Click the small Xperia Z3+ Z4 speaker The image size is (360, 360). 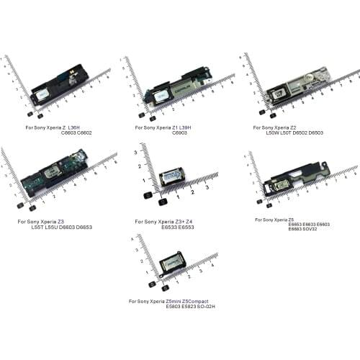click(x=171, y=178)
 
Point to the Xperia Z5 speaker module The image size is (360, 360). click(x=292, y=184)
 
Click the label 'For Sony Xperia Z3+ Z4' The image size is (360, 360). click(x=164, y=221)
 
